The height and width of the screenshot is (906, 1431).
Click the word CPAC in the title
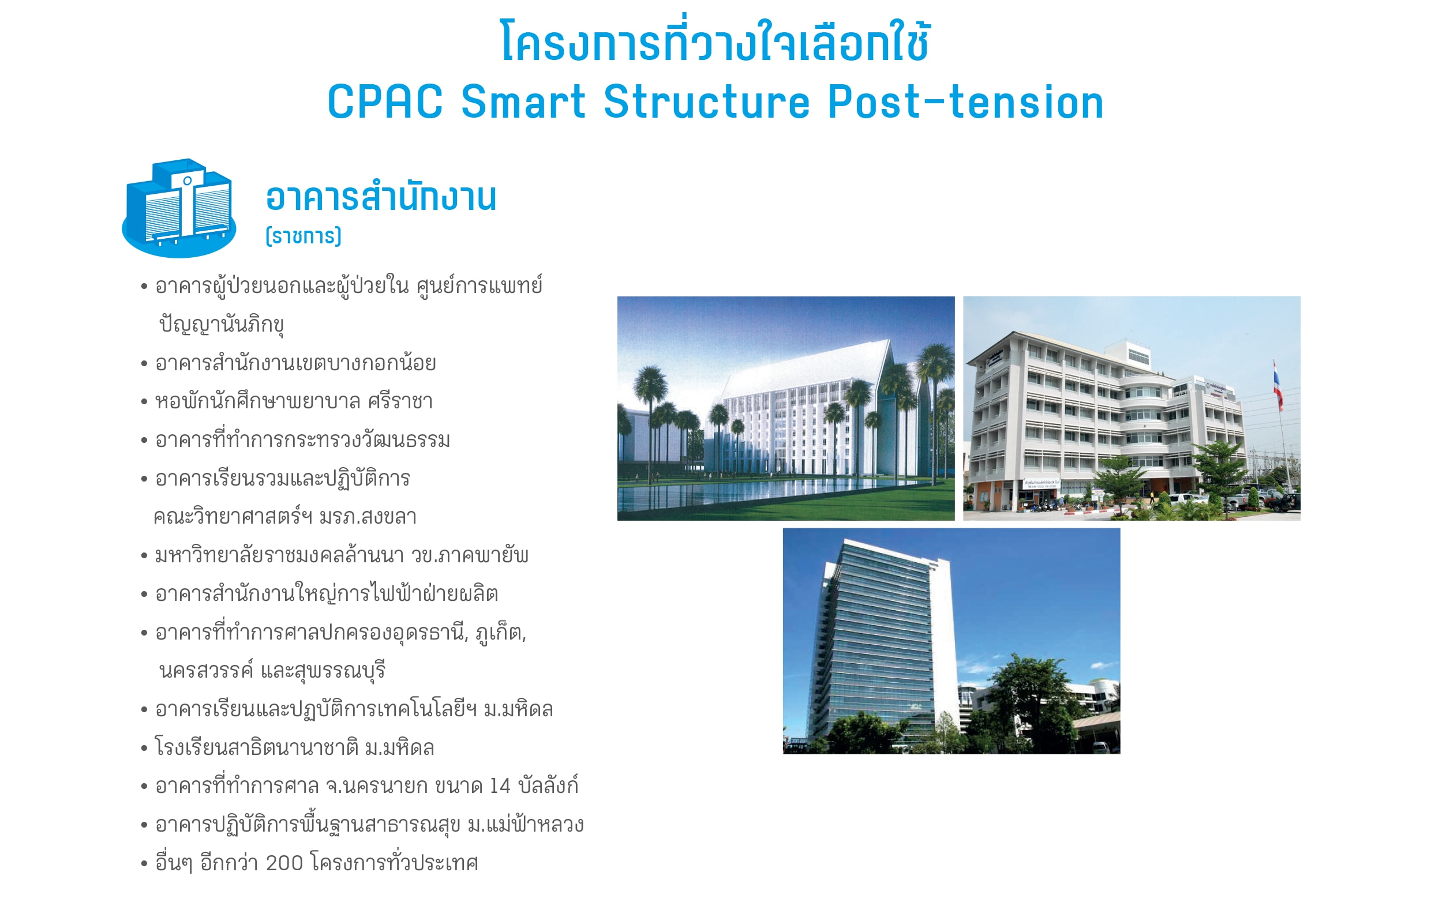[x=385, y=101]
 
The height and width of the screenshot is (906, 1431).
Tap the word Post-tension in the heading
[x=966, y=101]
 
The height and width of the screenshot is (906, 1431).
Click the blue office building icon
[x=179, y=208]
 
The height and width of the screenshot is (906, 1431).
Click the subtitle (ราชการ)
[x=304, y=236]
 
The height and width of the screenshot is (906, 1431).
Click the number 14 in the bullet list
[x=500, y=786]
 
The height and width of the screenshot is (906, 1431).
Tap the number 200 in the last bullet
[x=284, y=863]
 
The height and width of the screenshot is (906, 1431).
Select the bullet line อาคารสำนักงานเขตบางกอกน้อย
[x=295, y=362]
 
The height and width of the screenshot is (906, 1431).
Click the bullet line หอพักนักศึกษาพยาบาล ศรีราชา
[x=294, y=401]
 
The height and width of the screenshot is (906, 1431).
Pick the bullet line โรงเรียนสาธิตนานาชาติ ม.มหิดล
[x=294, y=747]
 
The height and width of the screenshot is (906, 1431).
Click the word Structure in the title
[x=707, y=101]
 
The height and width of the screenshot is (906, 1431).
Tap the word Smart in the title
[x=523, y=101]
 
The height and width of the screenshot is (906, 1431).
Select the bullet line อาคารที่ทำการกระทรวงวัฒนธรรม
[x=302, y=439]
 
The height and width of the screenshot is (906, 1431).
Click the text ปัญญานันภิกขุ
[x=222, y=324]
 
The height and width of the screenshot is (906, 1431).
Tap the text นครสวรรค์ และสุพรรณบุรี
[x=272, y=670]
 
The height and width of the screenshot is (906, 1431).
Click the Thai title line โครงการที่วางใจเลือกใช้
[x=715, y=40]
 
